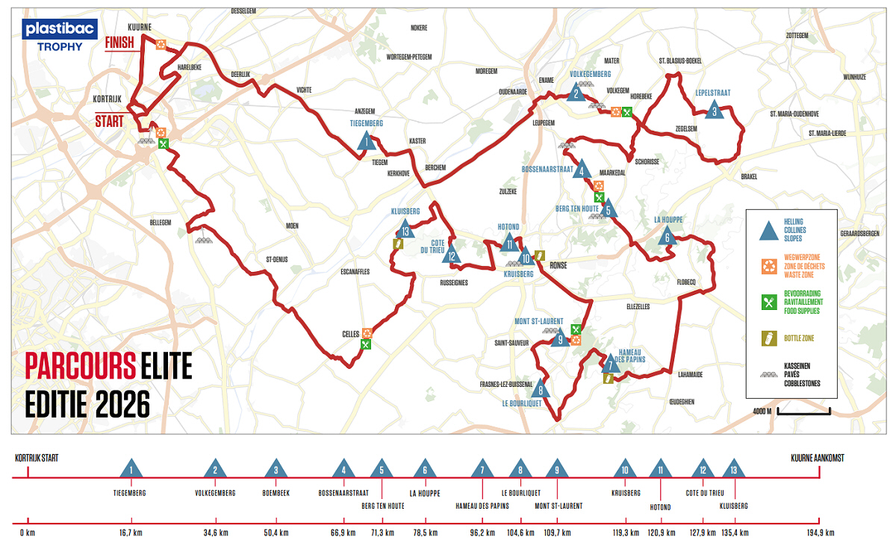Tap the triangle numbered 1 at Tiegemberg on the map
point(366,141)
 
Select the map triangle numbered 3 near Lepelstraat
point(715,111)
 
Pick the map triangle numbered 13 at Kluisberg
point(405,229)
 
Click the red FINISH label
point(119,43)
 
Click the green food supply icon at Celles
point(365,344)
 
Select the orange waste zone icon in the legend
point(766,265)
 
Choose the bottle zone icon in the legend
point(766,338)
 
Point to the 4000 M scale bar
point(803,411)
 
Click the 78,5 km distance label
point(425,533)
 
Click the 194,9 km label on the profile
point(818,533)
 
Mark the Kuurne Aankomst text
point(818,458)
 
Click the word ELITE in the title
point(165,367)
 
